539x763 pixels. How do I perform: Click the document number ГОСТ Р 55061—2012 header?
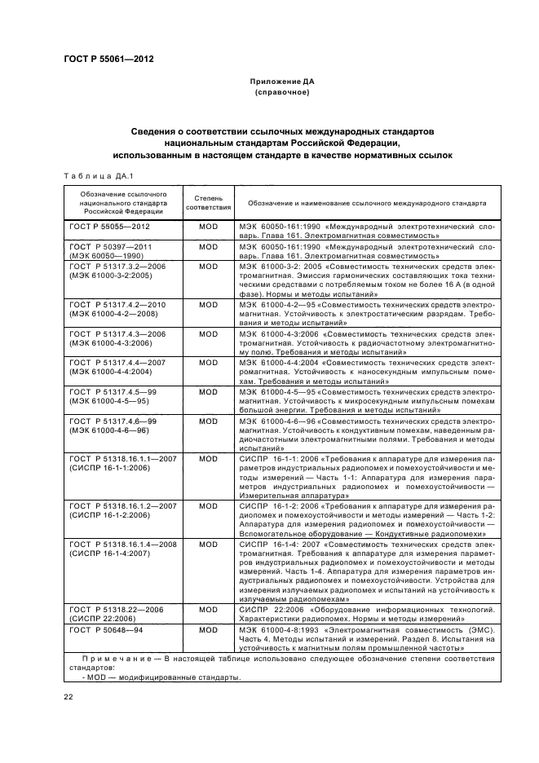108,60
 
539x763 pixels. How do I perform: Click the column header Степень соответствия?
209,202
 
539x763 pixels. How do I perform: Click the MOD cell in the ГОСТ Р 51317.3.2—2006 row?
209,266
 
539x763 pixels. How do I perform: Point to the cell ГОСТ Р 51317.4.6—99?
113,425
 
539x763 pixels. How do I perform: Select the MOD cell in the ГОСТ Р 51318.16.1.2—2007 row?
209,506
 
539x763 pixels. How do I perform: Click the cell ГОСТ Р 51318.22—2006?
117,613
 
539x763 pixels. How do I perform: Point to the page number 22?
68,696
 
